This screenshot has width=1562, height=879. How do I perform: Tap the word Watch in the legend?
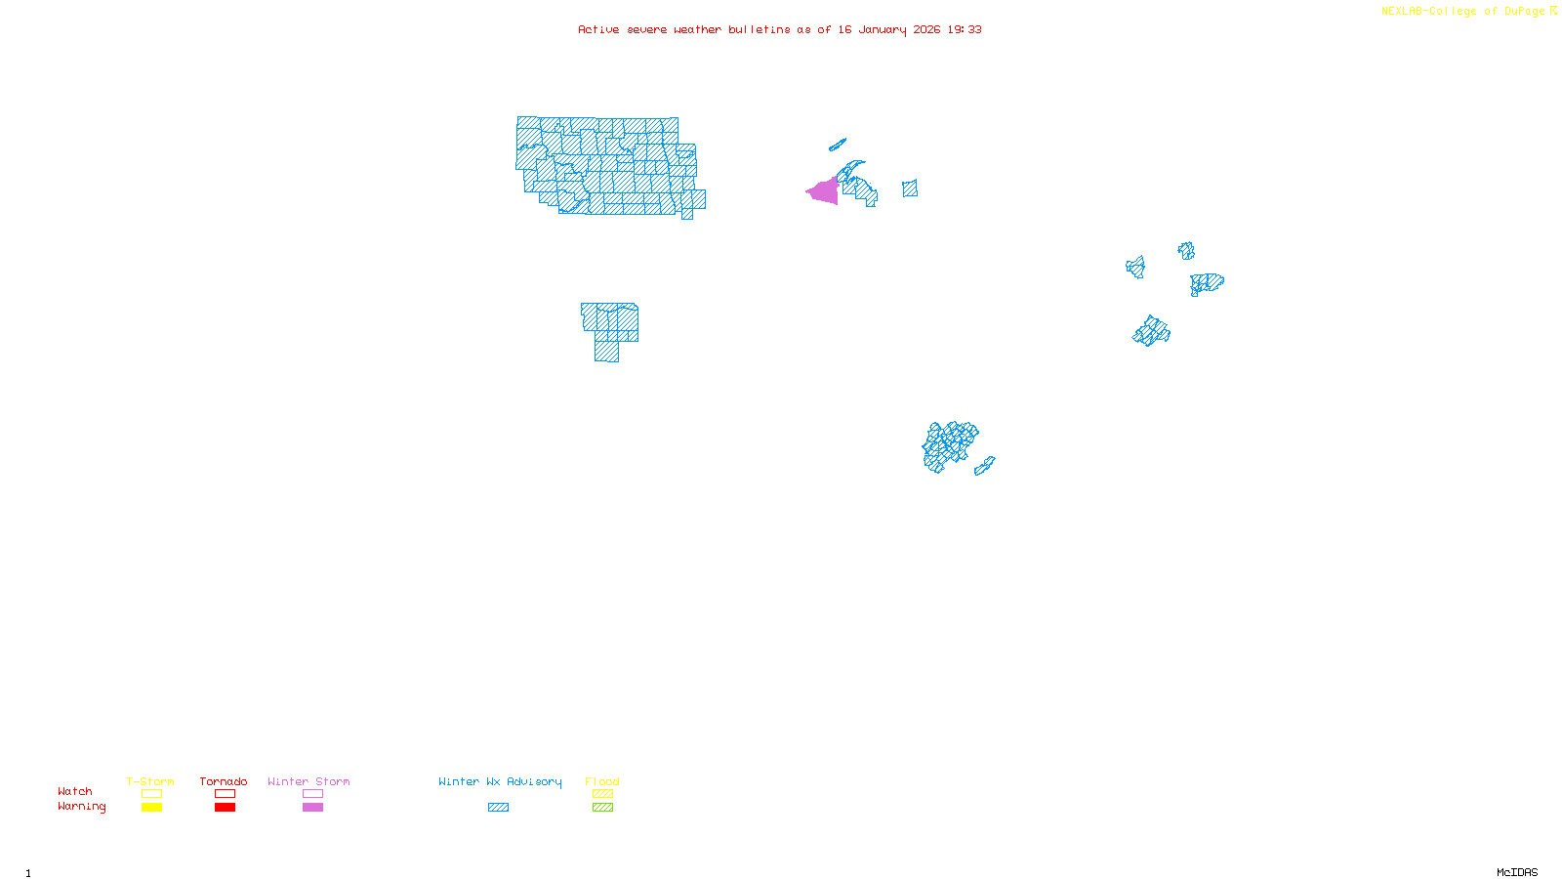click(x=75, y=791)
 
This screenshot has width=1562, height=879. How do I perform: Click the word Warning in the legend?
click(x=81, y=807)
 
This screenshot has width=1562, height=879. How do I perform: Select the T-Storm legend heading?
click(x=150, y=781)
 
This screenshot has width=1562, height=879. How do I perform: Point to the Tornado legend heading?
click(x=224, y=781)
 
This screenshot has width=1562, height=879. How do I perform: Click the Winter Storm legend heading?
click(x=308, y=781)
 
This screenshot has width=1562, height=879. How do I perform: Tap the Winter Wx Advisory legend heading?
click(x=500, y=781)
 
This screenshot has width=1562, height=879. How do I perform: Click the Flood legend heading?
click(x=602, y=781)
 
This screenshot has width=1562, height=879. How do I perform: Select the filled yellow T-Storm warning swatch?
click(x=151, y=808)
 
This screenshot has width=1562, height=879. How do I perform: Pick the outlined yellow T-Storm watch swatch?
click(x=151, y=794)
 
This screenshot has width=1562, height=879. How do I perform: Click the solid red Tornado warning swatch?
click(x=225, y=808)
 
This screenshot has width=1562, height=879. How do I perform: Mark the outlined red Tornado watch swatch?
click(x=225, y=794)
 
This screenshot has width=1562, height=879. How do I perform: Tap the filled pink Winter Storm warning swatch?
click(x=312, y=808)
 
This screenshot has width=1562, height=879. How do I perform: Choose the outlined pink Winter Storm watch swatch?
click(x=312, y=794)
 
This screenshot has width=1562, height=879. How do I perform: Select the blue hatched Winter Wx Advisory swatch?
click(x=498, y=808)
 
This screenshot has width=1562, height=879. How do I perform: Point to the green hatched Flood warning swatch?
click(x=602, y=808)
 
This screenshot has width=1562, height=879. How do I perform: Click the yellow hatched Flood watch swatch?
click(x=602, y=794)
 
